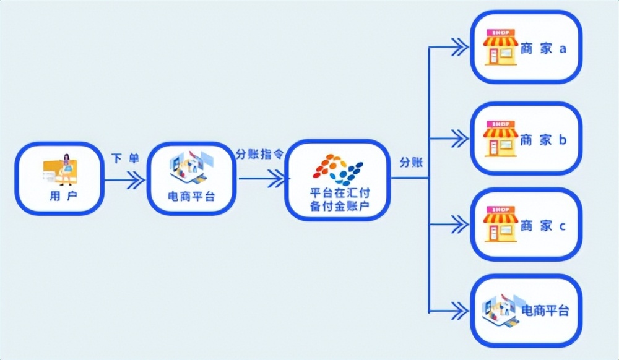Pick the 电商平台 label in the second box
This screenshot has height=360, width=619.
pos(192,197)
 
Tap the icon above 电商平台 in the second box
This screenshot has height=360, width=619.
pos(191,168)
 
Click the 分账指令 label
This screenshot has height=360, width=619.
pos(259,155)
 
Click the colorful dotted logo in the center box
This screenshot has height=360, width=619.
pos(338,169)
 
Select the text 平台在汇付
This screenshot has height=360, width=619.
pos(339,194)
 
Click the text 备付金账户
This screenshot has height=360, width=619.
pos(339,207)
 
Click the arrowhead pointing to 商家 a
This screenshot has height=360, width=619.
pos(459,46)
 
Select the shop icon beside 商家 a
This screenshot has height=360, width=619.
pos(500,47)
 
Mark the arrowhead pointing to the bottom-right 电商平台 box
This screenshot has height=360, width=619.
pos(459,310)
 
